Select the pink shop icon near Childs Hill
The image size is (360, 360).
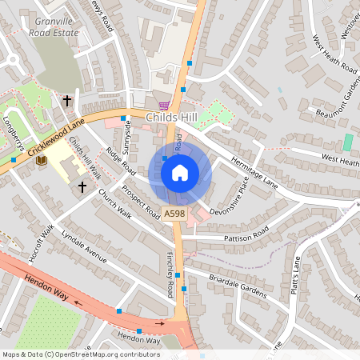click(x=164, y=105)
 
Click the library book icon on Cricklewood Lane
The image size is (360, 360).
click(x=42, y=160)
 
